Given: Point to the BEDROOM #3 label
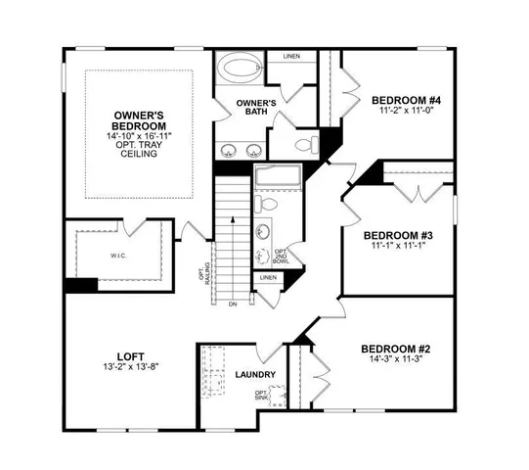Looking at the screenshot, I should [398, 235].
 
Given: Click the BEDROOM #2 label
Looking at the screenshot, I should [396, 349].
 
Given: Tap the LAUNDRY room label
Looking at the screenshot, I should [255, 375].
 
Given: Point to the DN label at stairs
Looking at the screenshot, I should [232, 305].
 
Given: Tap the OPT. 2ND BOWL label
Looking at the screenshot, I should [281, 257].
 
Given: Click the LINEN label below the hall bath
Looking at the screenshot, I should [268, 278].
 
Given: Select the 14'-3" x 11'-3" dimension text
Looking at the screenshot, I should [395, 360].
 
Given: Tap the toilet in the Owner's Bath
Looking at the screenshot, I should [304, 145].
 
